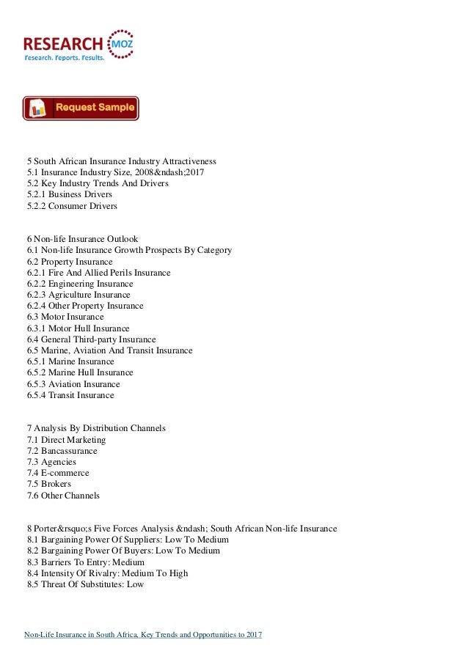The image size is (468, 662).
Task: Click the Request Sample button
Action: click(x=81, y=108)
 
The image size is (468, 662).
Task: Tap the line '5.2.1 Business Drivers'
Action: click(x=70, y=194)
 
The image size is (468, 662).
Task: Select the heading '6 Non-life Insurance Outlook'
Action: click(x=82, y=239)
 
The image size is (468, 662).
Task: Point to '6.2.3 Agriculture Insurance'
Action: click(x=80, y=295)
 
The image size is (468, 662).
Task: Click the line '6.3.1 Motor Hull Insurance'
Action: click(x=78, y=328)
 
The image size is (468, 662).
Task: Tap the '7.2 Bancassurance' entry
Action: click(x=62, y=451)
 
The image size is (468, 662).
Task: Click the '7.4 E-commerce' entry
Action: click(x=58, y=473)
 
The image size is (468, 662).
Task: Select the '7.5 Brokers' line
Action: click(x=49, y=484)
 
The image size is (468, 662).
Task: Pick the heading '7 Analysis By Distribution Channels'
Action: click(x=96, y=428)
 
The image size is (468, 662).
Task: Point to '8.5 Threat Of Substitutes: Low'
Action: click(x=85, y=584)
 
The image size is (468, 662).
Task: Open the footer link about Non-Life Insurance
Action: click(x=144, y=633)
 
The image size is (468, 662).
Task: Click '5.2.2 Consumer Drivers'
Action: click(x=72, y=206)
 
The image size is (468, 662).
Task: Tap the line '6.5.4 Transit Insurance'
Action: click(x=70, y=395)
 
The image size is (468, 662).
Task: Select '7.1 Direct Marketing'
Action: click(x=66, y=440)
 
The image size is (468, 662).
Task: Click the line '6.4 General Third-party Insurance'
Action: click(x=91, y=339)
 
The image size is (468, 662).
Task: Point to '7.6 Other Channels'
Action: click(x=63, y=496)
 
